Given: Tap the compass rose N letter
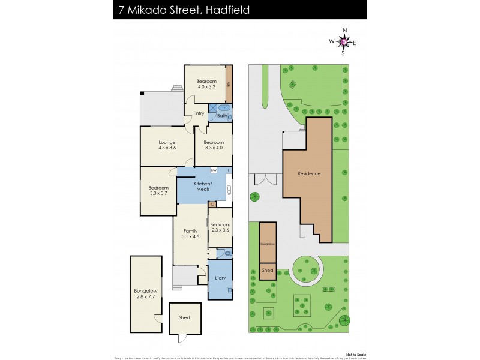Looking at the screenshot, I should (x=344, y=30).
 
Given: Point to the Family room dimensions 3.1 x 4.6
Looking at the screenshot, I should (x=190, y=236).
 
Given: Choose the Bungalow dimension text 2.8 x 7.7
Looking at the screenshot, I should (x=146, y=296).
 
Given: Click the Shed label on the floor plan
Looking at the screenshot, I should (x=184, y=317).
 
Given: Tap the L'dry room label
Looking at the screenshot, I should (x=220, y=278).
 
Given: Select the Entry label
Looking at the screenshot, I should (x=199, y=113).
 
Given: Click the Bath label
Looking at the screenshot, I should (x=221, y=115).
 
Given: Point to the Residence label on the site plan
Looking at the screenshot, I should (x=309, y=173).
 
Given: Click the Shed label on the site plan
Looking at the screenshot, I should (x=268, y=271).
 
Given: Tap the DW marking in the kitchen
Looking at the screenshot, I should (x=214, y=170).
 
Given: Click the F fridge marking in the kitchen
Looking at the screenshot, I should (x=229, y=170).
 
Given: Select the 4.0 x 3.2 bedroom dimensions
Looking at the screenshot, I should (x=207, y=87).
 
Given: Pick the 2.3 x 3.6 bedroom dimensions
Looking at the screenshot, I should (x=220, y=230).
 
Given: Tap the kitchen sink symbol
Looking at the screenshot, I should (x=228, y=191).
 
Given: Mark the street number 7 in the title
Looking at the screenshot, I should (x=122, y=10).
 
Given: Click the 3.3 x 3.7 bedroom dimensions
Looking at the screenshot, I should (x=158, y=194).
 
